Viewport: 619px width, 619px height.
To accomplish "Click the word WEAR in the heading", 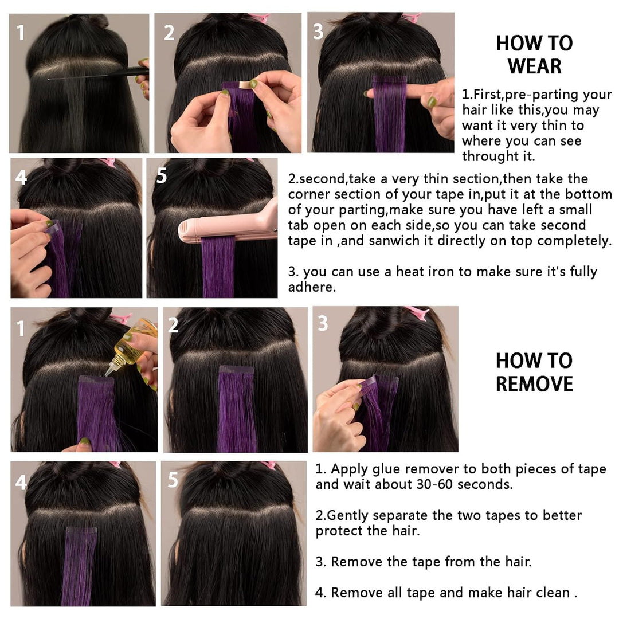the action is coord(534,66).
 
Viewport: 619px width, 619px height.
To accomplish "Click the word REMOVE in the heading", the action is coord(534,383).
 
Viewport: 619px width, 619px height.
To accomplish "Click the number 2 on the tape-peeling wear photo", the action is coord(169,33).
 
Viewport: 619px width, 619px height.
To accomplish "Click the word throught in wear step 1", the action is coord(492,156).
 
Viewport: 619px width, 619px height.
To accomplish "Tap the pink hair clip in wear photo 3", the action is coord(412,17).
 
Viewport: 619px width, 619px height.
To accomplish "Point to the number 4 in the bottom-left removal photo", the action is coord(21,483).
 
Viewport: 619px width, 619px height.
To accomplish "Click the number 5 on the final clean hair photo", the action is coord(173,480).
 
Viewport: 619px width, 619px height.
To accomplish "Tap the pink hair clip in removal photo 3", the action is coord(418,312).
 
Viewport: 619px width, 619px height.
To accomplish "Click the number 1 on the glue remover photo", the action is coord(21,329).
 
